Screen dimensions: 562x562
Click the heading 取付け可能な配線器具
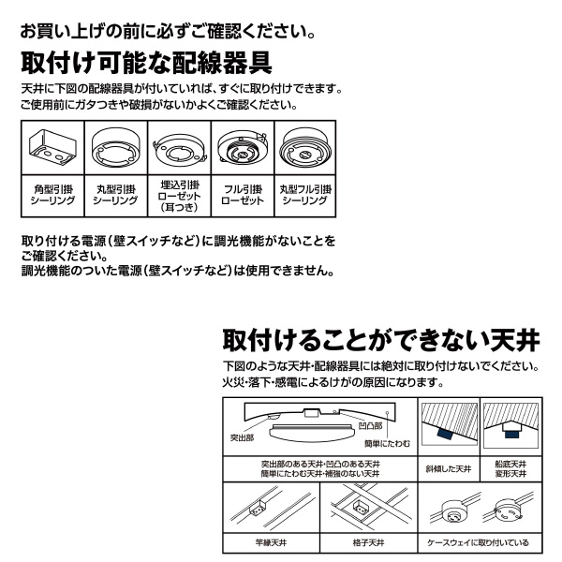tap(146, 63)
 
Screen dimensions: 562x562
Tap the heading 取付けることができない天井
tap(381, 341)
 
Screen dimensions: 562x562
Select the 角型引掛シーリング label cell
tap(52, 195)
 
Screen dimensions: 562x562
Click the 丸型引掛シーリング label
tap(115, 195)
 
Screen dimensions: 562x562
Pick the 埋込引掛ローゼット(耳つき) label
tap(179, 196)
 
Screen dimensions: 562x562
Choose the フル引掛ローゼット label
tap(243, 195)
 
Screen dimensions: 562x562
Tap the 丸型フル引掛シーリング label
tap(305, 195)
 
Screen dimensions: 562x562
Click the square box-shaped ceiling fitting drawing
tap(52, 147)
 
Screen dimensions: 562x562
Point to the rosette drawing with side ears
tap(179, 151)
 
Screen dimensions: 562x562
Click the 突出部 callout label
tap(242, 437)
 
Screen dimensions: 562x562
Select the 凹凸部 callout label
tap(370, 426)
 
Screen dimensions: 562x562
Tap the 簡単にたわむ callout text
tap(387, 444)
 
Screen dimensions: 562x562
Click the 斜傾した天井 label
tap(449, 469)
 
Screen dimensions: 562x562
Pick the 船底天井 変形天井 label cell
tap(510, 469)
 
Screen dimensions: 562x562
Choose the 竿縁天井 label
tap(271, 542)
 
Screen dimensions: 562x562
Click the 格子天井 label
tap(368, 542)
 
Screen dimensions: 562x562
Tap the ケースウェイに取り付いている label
tap(478, 542)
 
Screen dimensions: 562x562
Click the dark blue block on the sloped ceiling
tap(444, 433)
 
